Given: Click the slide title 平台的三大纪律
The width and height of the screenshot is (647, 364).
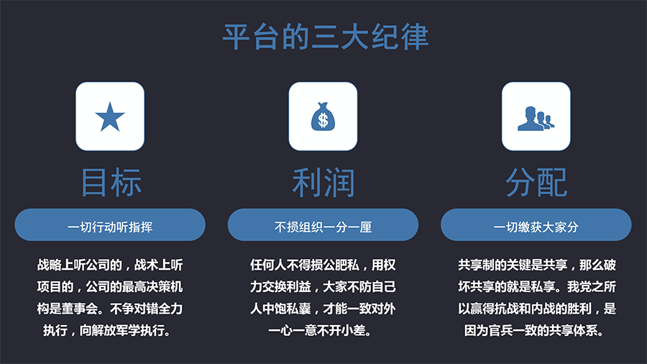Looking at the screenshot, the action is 326,37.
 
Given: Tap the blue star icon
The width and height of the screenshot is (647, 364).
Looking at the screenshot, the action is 110,117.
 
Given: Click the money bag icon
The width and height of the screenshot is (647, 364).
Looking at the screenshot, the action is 323,117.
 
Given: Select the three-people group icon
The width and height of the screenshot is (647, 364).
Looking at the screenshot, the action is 536,119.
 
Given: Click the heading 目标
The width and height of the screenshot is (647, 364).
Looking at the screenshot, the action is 111,183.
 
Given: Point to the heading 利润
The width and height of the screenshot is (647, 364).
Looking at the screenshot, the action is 323,183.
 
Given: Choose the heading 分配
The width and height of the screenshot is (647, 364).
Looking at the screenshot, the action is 536,183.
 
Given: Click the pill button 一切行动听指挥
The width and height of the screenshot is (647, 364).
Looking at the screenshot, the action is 110,225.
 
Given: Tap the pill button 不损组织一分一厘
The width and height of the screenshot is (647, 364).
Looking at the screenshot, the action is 323,225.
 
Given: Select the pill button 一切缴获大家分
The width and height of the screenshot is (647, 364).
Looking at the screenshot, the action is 536,225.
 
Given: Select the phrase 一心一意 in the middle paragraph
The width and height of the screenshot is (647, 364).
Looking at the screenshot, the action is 293,331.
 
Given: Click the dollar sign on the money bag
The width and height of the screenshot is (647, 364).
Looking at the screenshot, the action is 323,121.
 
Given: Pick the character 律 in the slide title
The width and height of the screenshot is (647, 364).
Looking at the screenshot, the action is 415,37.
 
